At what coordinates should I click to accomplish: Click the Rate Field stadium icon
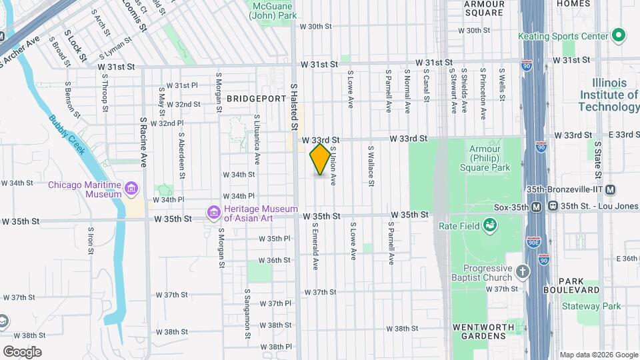[491, 226]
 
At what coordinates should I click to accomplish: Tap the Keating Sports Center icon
[618, 34]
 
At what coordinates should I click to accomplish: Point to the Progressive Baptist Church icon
[522, 272]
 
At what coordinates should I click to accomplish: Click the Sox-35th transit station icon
[535, 207]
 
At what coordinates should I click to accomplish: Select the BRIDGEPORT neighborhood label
[256, 98]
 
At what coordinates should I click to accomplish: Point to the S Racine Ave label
[143, 142]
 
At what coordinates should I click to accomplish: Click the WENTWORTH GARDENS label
[483, 327]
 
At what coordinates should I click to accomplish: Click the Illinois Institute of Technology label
[609, 95]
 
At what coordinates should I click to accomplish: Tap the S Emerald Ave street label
[315, 245]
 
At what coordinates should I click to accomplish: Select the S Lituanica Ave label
[257, 139]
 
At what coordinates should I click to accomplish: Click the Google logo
[22, 351]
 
